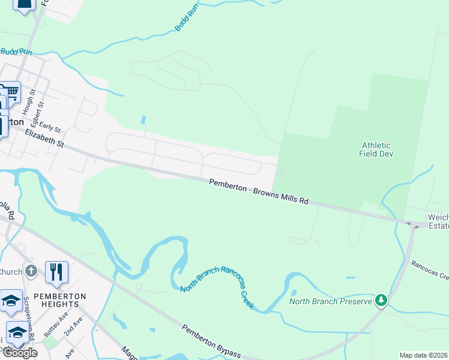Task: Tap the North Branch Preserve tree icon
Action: click(381, 300)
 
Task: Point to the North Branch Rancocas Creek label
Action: click(218, 288)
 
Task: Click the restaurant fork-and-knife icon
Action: click(56, 272)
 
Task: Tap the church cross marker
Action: click(32, 271)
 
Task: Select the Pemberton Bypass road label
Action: click(211, 341)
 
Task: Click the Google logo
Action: click(20, 353)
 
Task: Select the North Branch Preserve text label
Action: click(331, 301)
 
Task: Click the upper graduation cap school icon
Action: click(11, 301)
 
